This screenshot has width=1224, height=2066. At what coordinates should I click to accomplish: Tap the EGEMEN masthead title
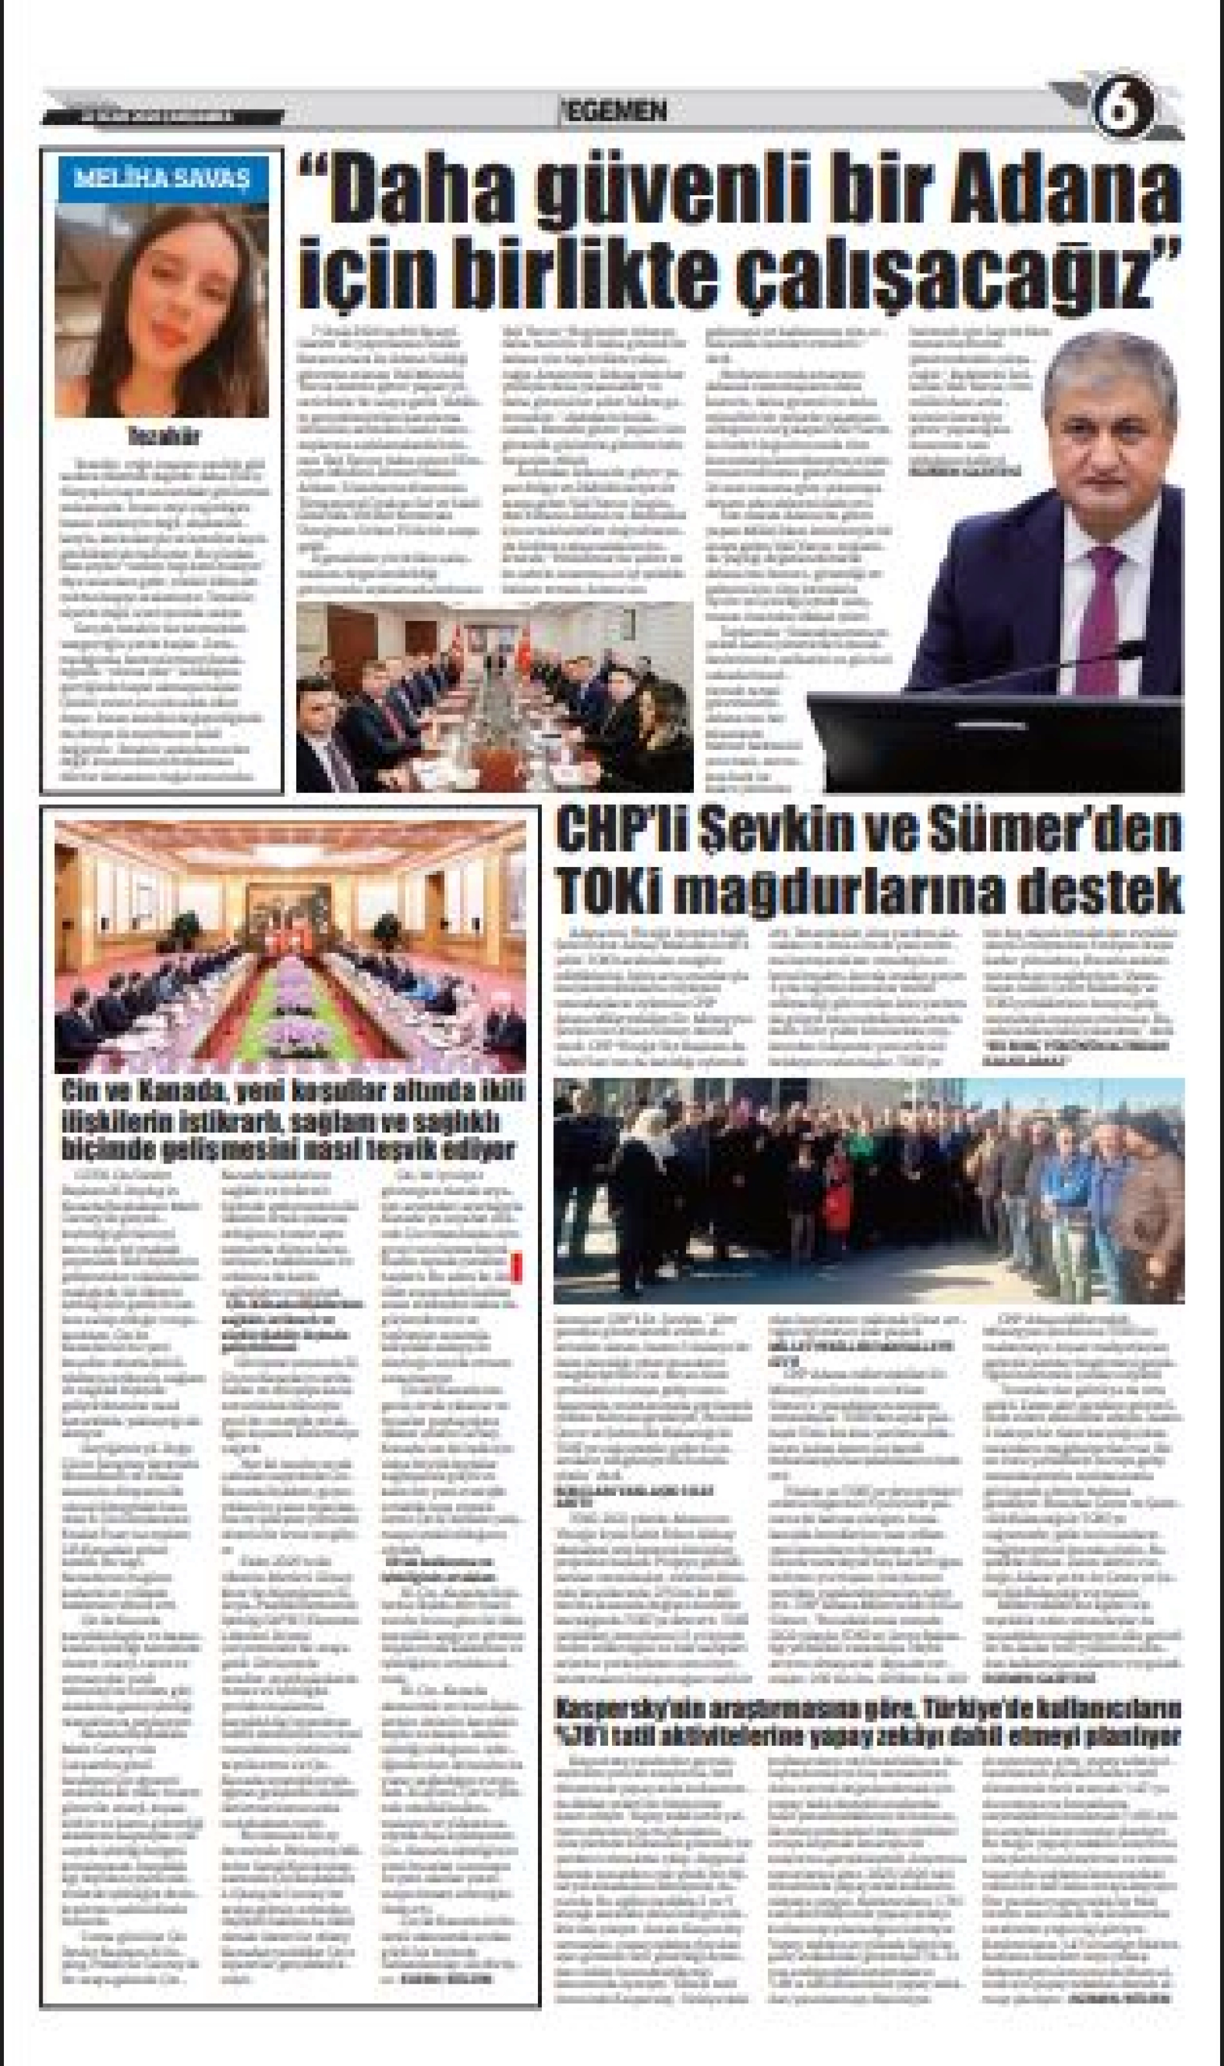tap(614, 111)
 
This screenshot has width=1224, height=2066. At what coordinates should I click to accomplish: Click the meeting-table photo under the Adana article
tap(494, 697)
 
